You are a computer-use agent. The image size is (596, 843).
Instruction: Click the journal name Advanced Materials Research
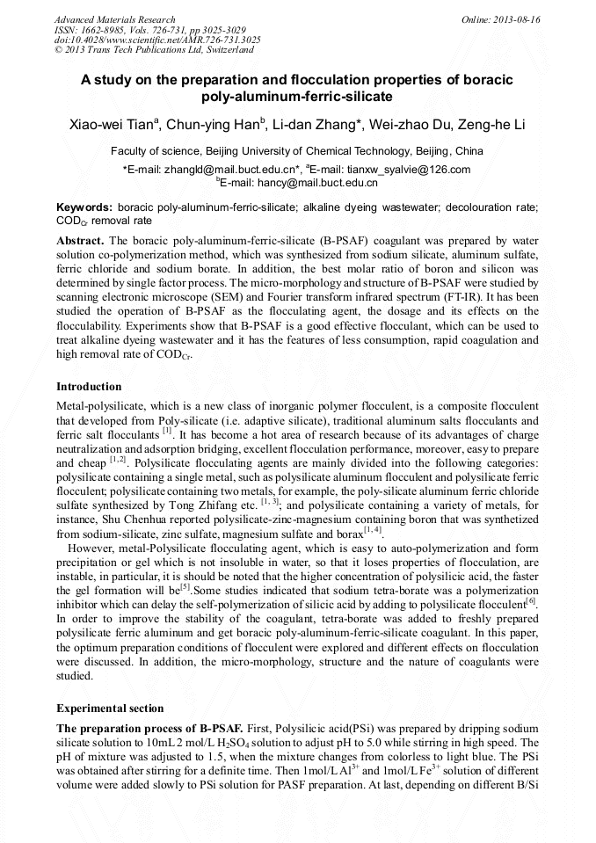coord(114,19)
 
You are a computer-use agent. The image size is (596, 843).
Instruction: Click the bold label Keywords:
coord(84,207)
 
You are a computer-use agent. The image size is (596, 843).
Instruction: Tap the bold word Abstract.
coord(80,240)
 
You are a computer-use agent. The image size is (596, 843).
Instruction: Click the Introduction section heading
coord(89,387)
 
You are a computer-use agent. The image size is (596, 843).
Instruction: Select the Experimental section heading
coord(109,708)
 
